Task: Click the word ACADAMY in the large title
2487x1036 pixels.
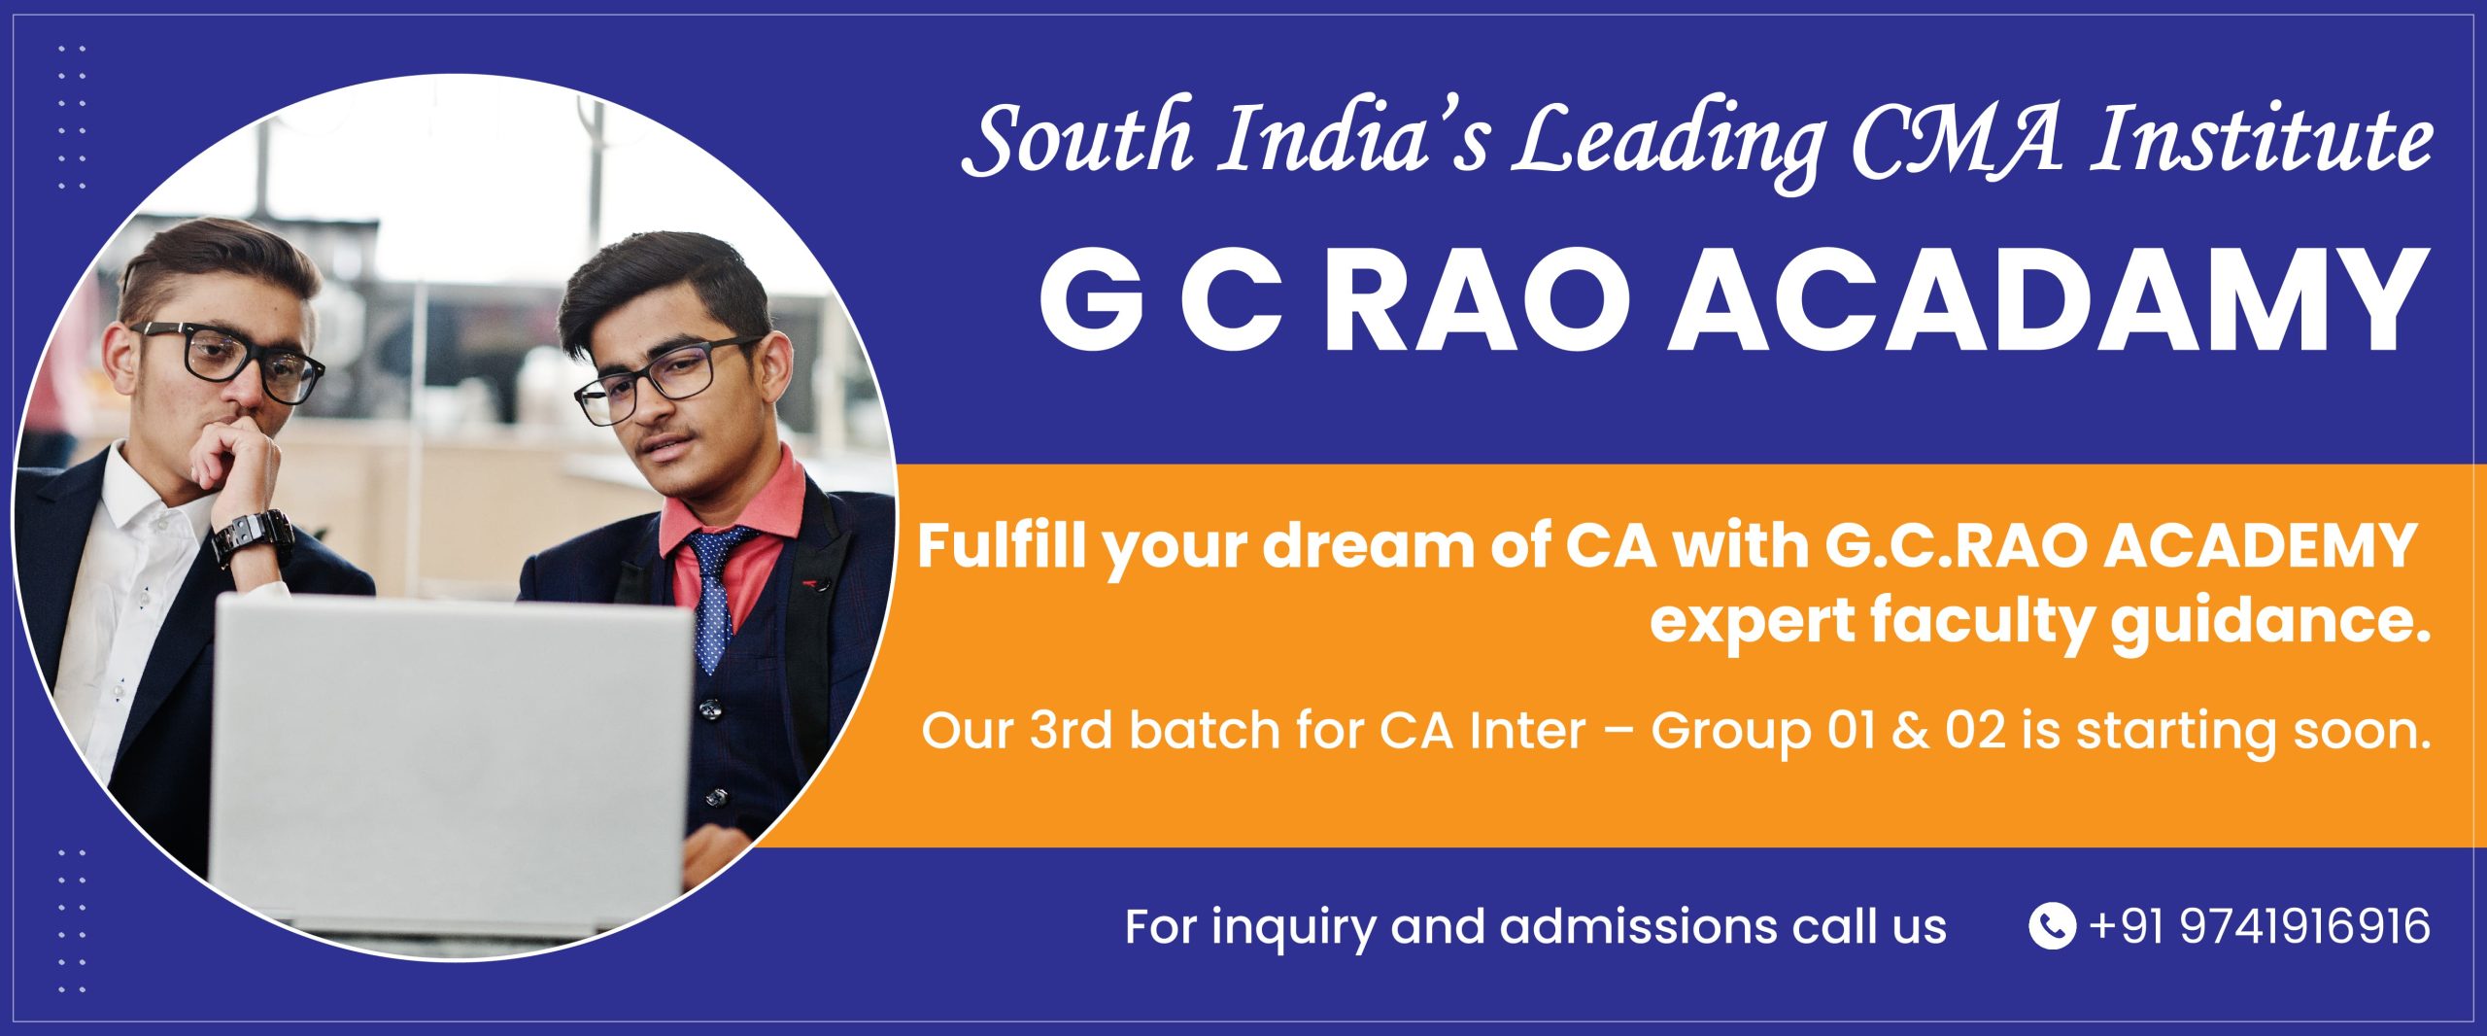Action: tap(2039, 301)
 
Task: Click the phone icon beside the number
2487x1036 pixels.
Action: tap(2052, 925)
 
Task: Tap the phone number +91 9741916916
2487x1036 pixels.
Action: tap(2260, 925)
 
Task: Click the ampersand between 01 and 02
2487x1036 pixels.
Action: tap(1905, 731)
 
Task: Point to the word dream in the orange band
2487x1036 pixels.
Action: tap(1356, 547)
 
